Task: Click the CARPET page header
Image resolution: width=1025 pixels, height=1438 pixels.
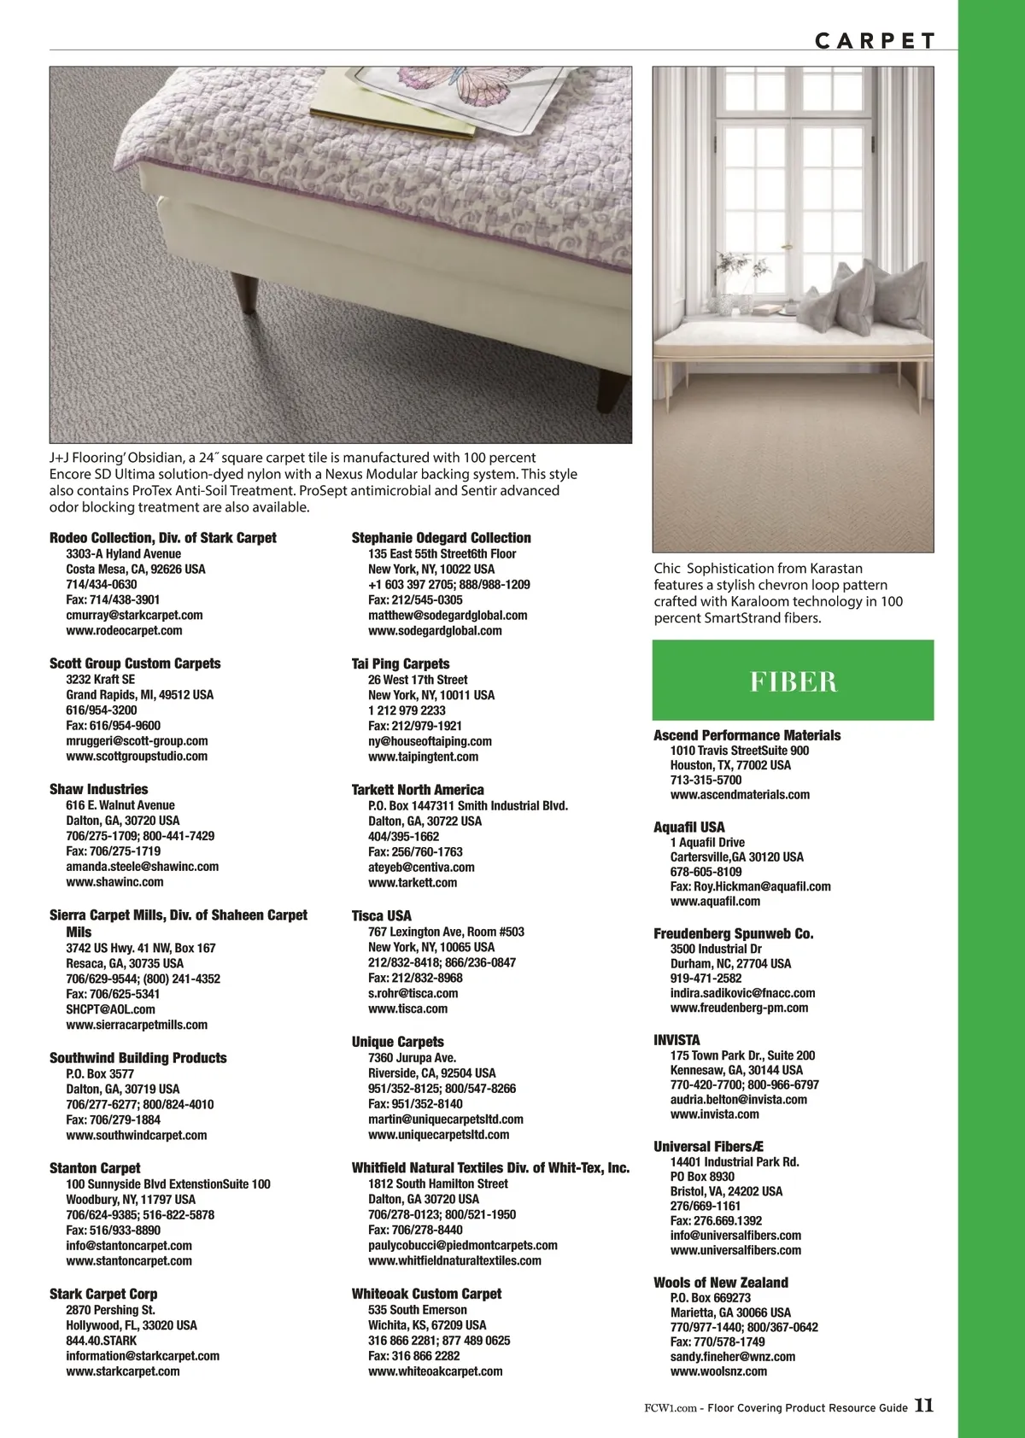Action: pos(875,41)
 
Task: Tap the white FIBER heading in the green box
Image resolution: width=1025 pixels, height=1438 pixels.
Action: pos(794,681)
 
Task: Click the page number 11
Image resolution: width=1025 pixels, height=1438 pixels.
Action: pos(924,1406)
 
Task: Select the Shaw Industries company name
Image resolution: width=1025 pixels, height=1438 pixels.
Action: pos(98,789)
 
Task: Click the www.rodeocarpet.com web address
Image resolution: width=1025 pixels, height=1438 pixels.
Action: pos(124,631)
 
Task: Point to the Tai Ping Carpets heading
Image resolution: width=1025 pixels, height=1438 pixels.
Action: pos(400,663)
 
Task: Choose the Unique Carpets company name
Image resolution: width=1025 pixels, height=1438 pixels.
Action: pos(397,1042)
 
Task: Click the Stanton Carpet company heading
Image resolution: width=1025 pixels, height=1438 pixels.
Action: pos(95,1168)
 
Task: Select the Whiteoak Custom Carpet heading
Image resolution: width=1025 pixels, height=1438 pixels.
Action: pos(426,1294)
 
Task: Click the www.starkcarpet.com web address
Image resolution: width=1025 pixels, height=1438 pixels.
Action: pos(123,1371)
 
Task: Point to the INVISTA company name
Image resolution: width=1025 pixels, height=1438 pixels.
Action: pos(676,1040)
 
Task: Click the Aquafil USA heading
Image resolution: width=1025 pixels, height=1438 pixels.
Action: pos(688,827)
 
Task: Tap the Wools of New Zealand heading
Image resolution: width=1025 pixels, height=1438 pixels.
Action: pos(720,1283)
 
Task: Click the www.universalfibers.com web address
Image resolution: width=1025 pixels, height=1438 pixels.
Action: pos(735,1250)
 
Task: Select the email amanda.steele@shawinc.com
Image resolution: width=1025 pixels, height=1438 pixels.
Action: pos(142,867)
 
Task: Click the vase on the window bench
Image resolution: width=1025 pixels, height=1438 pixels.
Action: pos(726,302)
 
